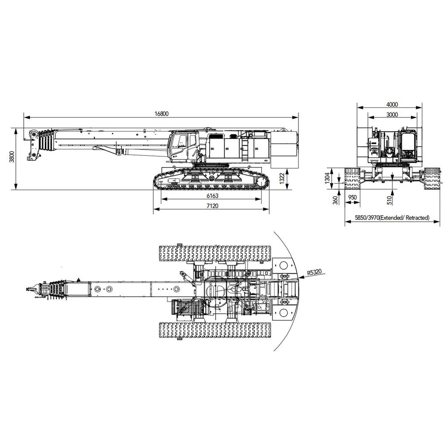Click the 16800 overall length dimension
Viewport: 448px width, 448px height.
tap(162, 113)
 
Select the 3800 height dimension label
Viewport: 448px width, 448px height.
tap(12, 156)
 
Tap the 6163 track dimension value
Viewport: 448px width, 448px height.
tap(212, 196)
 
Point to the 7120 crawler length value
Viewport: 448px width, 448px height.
tap(212, 206)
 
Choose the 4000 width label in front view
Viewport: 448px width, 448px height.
tap(392, 104)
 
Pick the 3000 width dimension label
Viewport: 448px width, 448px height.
tap(392, 115)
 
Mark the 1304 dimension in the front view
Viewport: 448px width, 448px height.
tap(328, 178)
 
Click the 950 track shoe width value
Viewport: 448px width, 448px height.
tap(353, 198)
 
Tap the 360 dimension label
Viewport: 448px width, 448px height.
tap(336, 200)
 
